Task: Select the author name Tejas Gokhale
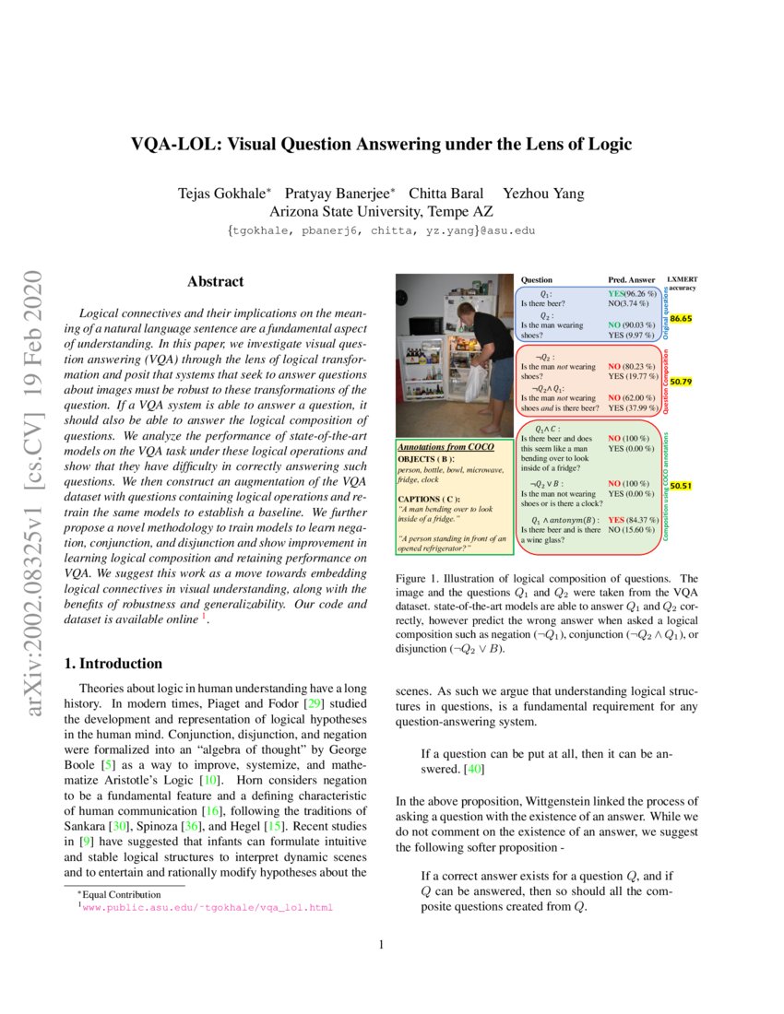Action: (x=223, y=193)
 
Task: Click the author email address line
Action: (x=380, y=230)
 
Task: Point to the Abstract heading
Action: (x=215, y=282)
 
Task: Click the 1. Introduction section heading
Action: (x=116, y=664)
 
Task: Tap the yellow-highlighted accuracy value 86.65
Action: (x=682, y=318)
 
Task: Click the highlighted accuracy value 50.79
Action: (x=682, y=381)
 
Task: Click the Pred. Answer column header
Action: (x=631, y=279)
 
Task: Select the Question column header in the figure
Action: (x=537, y=279)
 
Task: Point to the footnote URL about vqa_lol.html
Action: (x=208, y=908)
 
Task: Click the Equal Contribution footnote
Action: (x=120, y=894)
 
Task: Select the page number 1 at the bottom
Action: (x=382, y=945)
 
